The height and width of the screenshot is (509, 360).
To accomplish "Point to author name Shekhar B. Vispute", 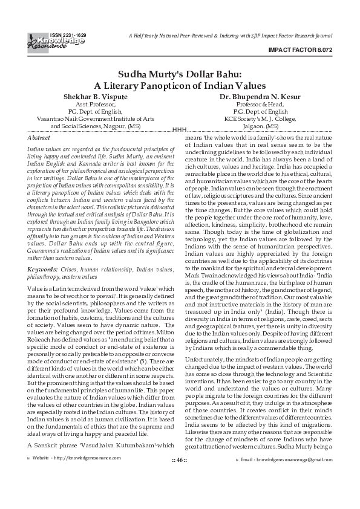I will [x=95, y=97].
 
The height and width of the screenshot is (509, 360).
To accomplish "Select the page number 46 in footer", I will [x=180, y=494].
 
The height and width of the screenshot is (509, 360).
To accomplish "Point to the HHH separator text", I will [x=180, y=130].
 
